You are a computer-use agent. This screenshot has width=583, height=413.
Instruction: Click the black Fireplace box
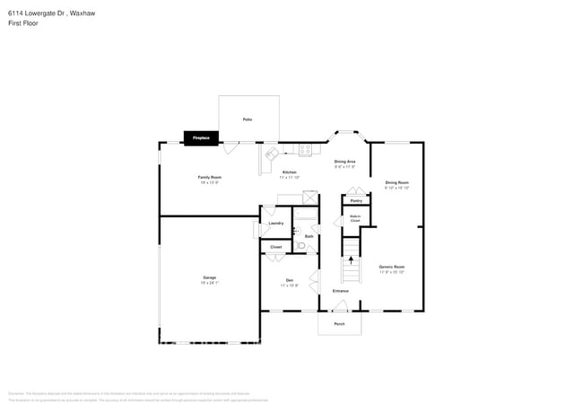click(x=201, y=137)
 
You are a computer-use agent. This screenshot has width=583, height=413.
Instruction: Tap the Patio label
click(x=248, y=119)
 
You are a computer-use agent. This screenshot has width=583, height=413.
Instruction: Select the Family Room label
click(x=209, y=178)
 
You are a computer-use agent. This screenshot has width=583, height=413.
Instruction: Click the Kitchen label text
click(x=290, y=171)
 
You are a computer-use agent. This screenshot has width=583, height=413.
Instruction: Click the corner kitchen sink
click(x=270, y=154)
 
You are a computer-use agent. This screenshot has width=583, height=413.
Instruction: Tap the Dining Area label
click(x=345, y=162)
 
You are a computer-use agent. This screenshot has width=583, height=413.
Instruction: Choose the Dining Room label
click(x=396, y=183)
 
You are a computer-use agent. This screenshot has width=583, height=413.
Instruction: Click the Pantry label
click(x=356, y=200)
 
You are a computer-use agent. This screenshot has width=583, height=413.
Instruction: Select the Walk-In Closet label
click(x=354, y=217)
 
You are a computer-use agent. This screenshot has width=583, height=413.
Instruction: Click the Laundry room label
click(x=276, y=223)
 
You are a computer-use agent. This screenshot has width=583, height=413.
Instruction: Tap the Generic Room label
click(x=392, y=267)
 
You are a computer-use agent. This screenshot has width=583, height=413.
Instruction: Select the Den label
click(x=290, y=281)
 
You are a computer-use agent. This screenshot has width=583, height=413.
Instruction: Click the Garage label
click(x=209, y=278)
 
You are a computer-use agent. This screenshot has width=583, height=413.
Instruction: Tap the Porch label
click(x=339, y=323)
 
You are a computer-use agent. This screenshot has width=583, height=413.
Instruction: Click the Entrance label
click(x=341, y=291)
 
